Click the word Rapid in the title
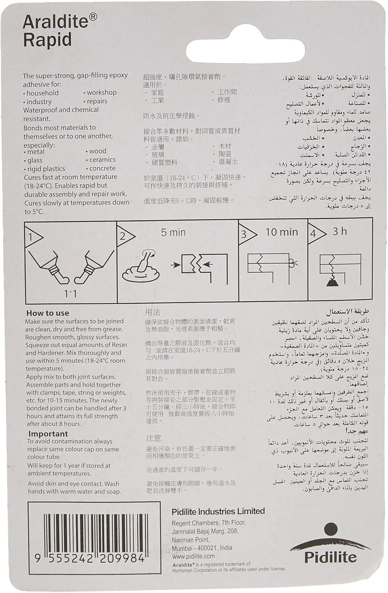point(47,40)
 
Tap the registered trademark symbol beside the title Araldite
point(93,17)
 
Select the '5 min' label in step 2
point(173,232)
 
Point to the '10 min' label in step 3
point(282,232)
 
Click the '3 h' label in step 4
point(339,231)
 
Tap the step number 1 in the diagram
point(30,237)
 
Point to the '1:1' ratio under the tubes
point(70,294)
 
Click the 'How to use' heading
point(47,313)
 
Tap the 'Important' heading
point(48,434)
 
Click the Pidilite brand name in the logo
point(330,557)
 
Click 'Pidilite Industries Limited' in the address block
point(218,512)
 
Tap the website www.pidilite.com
point(193,556)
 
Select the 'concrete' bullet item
point(102,168)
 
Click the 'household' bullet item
point(42,93)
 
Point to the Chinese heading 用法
point(153,312)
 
